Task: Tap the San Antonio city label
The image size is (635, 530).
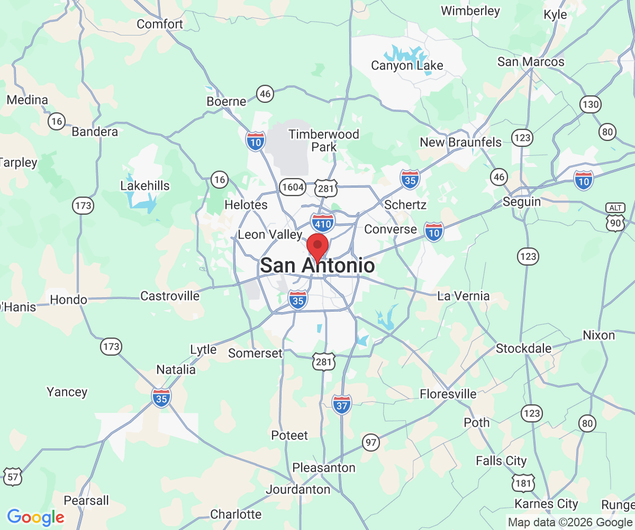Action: point(317,266)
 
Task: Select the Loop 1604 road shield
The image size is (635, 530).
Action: point(293,187)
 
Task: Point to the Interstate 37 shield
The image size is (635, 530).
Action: point(342,405)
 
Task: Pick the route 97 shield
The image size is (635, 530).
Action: point(371,442)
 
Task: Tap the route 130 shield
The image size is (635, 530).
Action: point(590,104)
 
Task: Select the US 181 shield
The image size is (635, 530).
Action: point(523,483)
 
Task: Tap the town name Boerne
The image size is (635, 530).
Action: point(226,101)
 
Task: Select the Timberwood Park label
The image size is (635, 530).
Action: point(324,140)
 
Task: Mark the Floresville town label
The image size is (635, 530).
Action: point(448,394)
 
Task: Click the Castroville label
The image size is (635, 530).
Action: point(170,296)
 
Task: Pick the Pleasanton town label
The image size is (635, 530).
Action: point(324,468)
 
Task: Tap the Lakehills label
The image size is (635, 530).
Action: point(145,185)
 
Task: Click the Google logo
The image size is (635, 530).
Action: point(35,517)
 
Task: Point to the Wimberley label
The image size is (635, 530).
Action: point(470,11)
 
